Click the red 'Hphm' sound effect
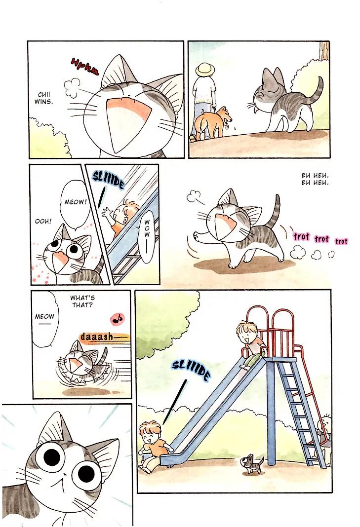85,66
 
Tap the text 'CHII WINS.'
44,98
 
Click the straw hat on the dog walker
205,71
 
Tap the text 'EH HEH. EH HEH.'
315,179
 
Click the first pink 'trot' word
301,237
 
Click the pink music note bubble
117,318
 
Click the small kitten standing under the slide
251,463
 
